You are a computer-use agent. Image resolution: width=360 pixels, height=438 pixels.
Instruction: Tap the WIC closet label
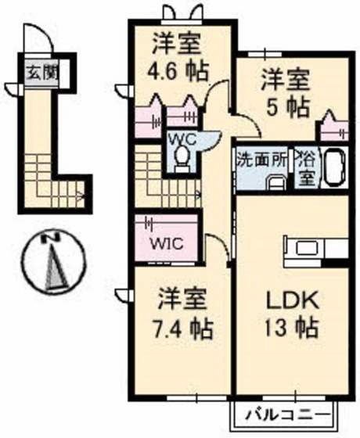167,242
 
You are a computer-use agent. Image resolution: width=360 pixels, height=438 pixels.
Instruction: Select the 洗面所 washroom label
264,156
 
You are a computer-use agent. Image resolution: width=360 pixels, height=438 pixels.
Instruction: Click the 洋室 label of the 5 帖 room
285,79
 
